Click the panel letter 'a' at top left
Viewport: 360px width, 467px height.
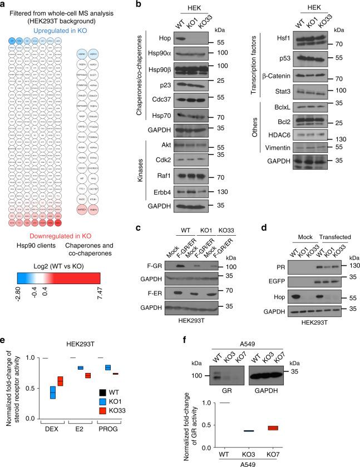pos(4,4)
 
